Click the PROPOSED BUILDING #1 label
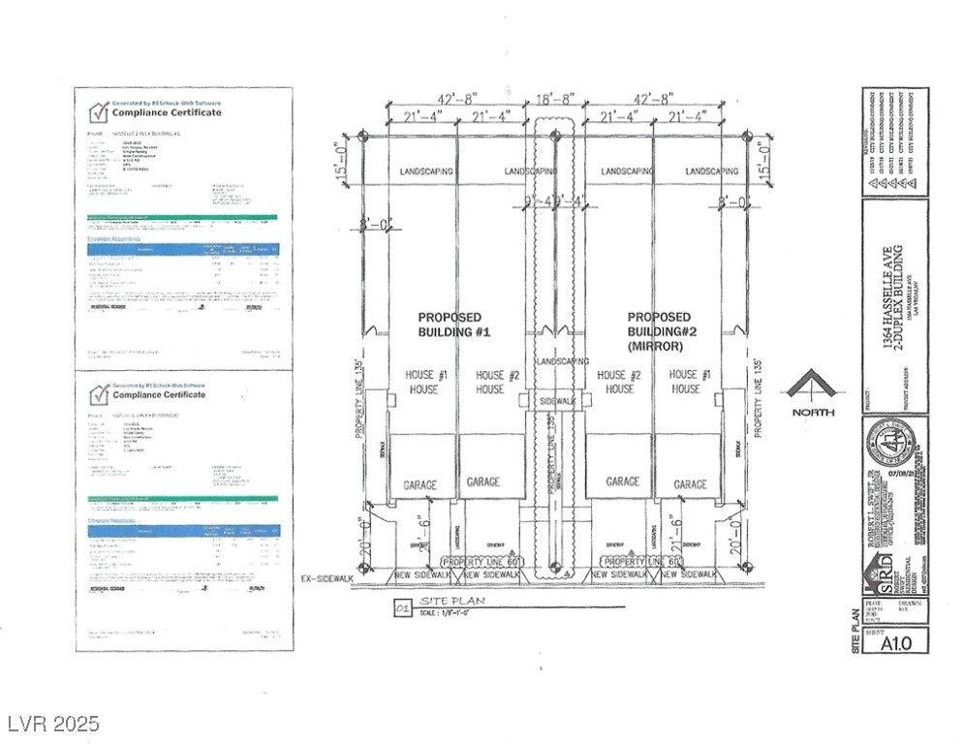pos(455,324)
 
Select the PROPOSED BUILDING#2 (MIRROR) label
pos(659,329)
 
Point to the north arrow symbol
pos(811,387)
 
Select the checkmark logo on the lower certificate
pos(98,393)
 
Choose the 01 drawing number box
pos(401,608)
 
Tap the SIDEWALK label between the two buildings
pos(557,399)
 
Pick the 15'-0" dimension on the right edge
pos(765,155)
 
